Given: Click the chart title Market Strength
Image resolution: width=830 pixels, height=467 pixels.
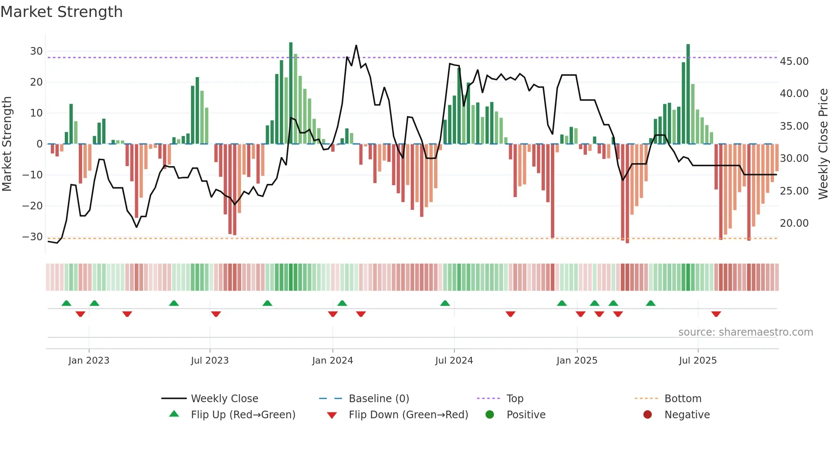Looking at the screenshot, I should (61, 12).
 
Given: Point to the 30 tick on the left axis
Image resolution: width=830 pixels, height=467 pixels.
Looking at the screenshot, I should (36, 51).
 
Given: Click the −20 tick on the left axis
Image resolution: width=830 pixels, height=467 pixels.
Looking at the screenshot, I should (33, 206).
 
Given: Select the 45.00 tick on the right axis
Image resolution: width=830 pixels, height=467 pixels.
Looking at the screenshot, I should (794, 61).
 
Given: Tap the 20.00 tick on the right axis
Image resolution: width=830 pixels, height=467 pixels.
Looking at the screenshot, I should (794, 223).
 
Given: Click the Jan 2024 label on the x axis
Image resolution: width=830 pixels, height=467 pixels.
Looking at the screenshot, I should (332, 361).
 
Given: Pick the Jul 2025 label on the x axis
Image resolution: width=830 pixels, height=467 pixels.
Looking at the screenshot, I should (697, 361).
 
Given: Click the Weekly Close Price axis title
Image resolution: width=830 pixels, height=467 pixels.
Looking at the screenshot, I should (823, 144).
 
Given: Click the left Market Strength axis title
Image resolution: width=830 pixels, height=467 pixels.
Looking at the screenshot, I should (7, 144).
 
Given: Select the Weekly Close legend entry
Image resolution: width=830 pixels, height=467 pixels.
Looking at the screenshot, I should (224, 399).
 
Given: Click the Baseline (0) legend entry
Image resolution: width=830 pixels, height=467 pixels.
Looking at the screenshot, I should (379, 399).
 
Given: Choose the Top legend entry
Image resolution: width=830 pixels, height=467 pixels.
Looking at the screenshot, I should (515, 399).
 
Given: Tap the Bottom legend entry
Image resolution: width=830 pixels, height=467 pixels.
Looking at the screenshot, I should (683, 399).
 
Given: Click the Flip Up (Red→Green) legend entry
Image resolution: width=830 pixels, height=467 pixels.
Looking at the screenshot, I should (243, 415).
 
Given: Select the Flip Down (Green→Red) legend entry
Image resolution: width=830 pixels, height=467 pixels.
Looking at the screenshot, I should (408, 415).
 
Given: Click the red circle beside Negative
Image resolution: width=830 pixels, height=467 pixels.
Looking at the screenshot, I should (647, 415).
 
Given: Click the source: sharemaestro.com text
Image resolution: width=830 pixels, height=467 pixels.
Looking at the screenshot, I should (745, 332).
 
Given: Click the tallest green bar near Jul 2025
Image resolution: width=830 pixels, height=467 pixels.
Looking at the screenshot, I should (688, 93).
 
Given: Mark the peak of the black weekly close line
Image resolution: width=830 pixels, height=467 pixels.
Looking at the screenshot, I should (356, 46).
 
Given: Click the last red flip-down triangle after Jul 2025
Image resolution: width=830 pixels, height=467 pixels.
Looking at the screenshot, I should (716, 314).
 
